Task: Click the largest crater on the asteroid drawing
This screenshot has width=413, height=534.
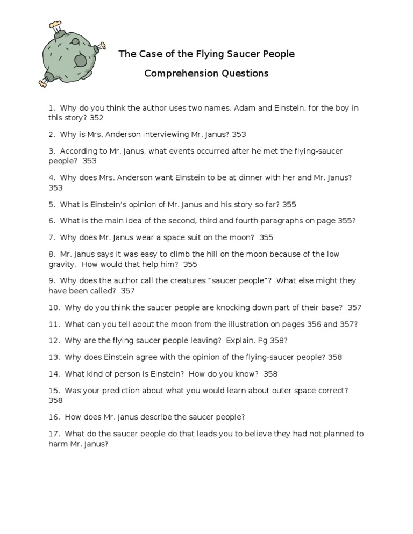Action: click(81, 60)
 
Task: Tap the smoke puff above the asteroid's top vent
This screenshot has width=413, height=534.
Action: click(55, 24)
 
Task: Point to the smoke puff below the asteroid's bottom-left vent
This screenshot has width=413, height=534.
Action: click(42, 83)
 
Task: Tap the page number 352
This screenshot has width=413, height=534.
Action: click(96, 118)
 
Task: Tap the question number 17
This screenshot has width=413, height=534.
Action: click(54, 434)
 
